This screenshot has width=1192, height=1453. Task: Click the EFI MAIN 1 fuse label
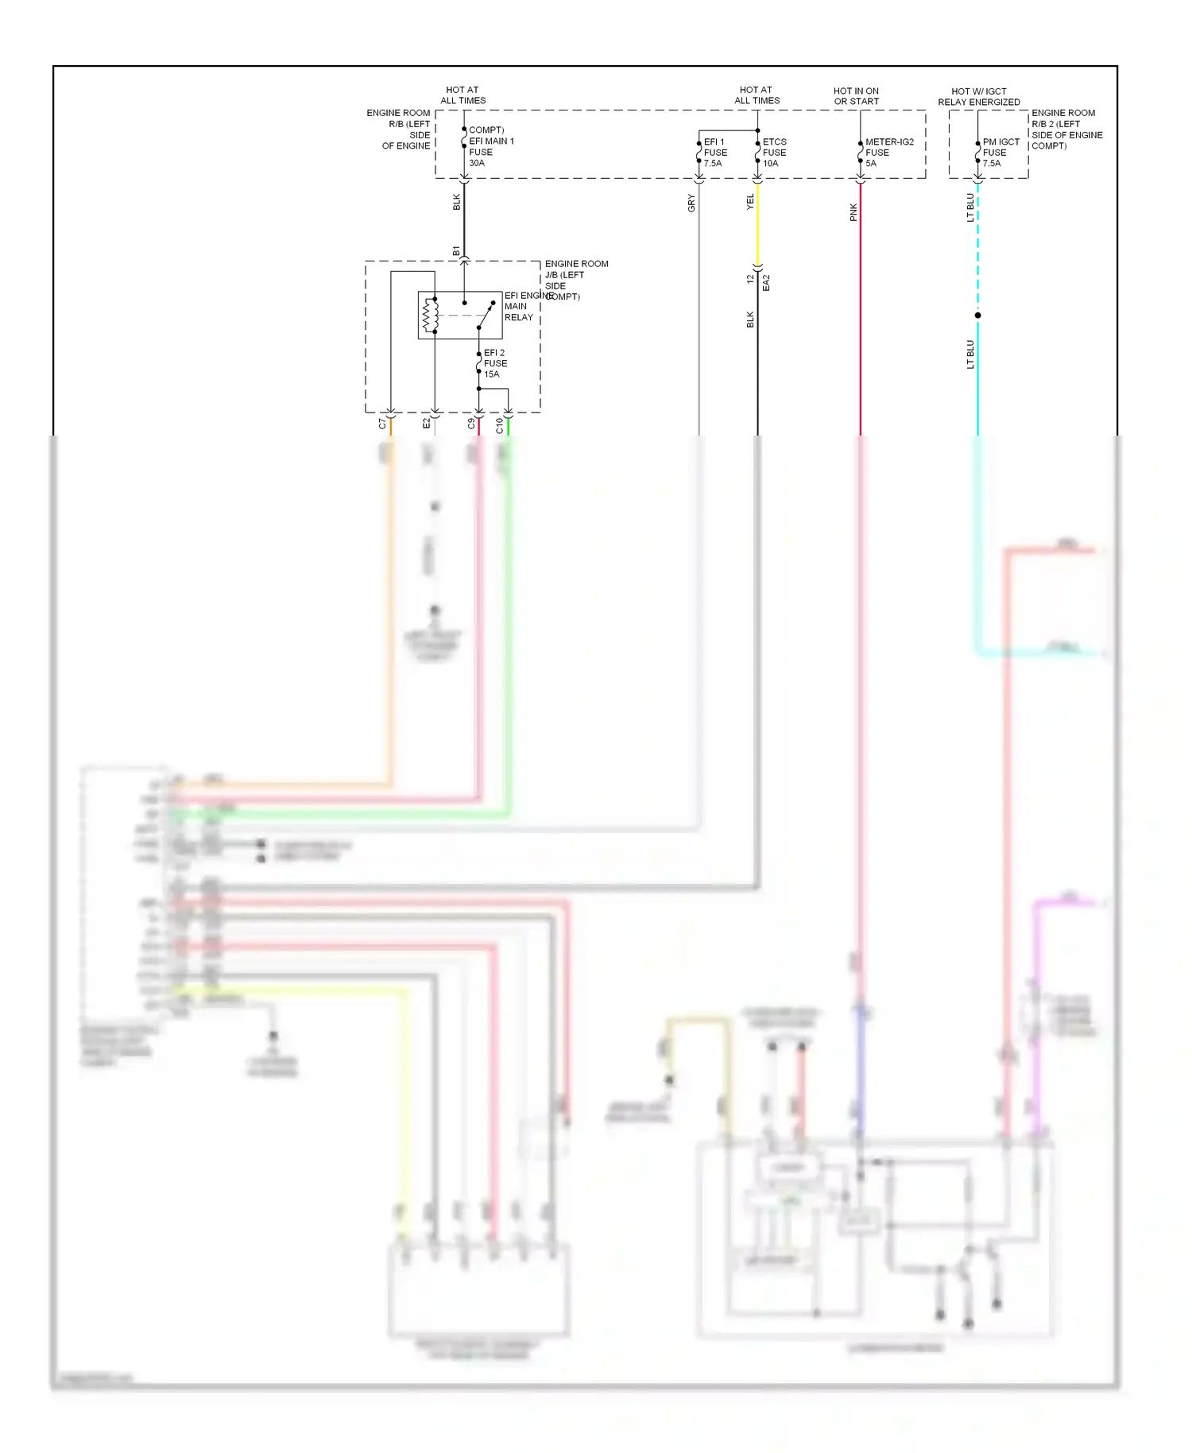(x=490, y=147)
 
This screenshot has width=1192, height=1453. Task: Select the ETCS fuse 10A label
(x=774, y=153)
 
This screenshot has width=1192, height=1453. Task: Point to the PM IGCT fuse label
(x=1000, y=153)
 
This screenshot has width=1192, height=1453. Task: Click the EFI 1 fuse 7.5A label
(x=714, y=153)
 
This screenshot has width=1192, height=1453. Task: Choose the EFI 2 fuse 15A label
(x=494, y=363)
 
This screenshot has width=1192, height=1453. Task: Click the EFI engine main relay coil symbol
(x=430, y=316)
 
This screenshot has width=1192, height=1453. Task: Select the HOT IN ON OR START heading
(x=856, y=96)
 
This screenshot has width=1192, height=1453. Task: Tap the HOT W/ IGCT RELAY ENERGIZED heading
(x=978, y=96)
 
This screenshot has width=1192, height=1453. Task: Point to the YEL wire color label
(x=750, y=202)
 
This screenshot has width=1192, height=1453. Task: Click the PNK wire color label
(x=853, y=212)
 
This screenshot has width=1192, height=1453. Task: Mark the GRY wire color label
(x=691, y=203)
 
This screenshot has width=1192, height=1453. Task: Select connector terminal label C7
(x=382, y=424)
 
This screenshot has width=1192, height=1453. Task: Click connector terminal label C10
(x=499, y=425)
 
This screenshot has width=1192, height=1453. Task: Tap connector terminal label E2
(x=426, y=424)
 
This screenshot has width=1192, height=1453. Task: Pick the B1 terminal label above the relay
(x=456, y=251)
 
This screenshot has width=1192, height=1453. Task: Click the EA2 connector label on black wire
(x=766, y=283)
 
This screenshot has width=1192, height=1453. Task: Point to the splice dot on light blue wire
(x=977, y=316)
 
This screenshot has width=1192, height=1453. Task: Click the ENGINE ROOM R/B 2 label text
(x=1066, y=130)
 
